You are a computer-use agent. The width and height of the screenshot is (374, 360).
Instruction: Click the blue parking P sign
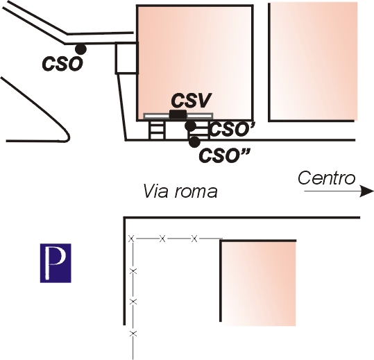[x=56, y=263]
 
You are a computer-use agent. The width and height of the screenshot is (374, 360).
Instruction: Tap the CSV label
[x=192, y=101]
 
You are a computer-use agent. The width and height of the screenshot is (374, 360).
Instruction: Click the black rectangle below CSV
[x=178, y=114]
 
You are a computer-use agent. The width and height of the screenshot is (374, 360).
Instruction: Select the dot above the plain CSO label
[x=80, y=49]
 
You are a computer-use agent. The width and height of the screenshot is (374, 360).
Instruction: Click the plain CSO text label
[x=62, y=64]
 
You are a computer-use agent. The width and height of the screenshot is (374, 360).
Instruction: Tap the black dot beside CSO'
[x=191, y=126]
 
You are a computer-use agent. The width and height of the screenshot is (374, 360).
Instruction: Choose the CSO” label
[x=224, y=156]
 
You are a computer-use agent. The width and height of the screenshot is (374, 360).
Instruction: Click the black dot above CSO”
[x=194, y=142]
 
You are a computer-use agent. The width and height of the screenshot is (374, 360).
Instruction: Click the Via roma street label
[x=180, y=191]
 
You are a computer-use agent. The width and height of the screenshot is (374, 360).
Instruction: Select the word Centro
[x=327, y=178]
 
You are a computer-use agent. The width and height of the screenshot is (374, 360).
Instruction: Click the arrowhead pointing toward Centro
[x=366, y=191]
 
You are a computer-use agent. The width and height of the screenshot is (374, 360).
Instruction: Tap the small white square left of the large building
[x=127, y=58]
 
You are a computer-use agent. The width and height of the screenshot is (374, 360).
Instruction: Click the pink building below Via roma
[x=258, y=283]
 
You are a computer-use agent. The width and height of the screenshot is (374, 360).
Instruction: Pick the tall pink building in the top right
[x=313, y=62]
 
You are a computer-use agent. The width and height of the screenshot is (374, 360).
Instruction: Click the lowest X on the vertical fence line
[x=133, y=334]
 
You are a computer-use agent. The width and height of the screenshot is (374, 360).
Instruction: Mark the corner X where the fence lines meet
[x=131, y=238]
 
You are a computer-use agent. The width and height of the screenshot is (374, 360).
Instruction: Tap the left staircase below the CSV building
[x=157, y=130]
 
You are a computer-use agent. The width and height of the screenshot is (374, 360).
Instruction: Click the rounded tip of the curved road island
[x=69, y=137]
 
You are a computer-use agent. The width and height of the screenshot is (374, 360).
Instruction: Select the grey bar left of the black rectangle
[x=156, y=116]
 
